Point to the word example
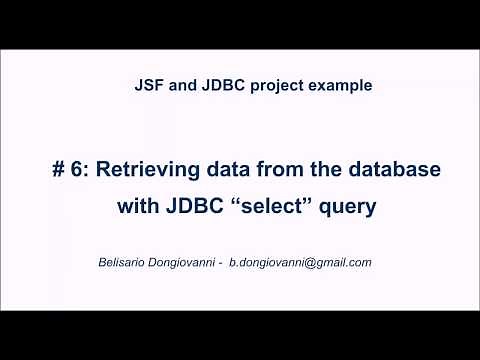[x=342, y=86]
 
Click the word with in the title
[x=138, y=209]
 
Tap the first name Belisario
[x=116, y=262]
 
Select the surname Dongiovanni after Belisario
[x=181, y=263]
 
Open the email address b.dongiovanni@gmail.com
[x=300, y=263]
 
